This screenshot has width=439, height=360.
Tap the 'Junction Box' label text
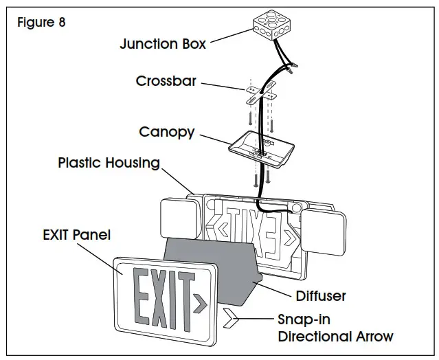point(162,44)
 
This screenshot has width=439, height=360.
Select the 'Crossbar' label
point(166,81)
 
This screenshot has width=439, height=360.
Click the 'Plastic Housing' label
point(109,163)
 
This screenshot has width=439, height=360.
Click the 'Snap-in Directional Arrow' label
point(335,328)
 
